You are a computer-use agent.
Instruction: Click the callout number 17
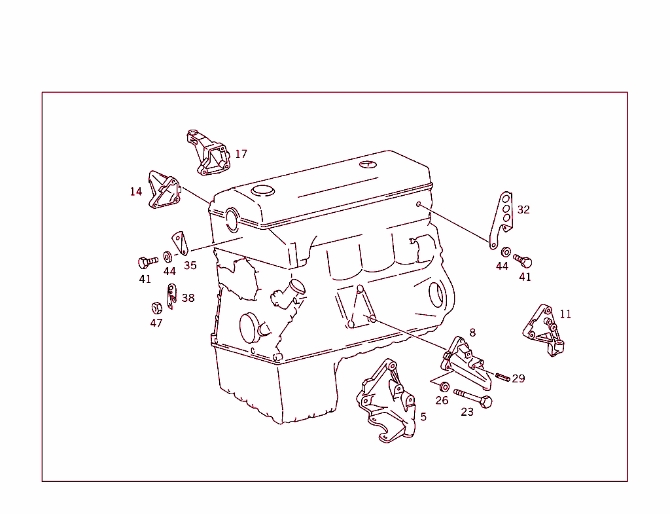pyautogui.click(x=241, y=155)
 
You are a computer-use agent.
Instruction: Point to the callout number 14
pyautogui.click(x=135, y=192)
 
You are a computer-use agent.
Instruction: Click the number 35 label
pyautogui.click(x=190, y=266)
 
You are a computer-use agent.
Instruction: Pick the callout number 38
pyautogui.click(x=188, y=299)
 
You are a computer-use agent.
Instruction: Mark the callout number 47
pyautogui.click(x=156, y=323)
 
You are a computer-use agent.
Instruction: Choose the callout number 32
pyautogui.click(x=523, y=210)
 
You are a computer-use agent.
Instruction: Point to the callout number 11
pyautogui.click(x=565, y=314)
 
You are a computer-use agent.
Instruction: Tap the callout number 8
pyautogui.click(x=472, y=333)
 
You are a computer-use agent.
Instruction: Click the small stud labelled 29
pyautogui.click(x=502, y=376)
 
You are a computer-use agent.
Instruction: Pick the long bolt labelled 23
pyautogui.click(x=472, y=397)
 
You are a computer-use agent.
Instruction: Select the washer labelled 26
pyautogui.click(x=445, y=386)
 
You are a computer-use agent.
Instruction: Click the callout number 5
pyautogui.click(x=423, y=417)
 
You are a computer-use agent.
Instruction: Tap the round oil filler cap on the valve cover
pyautogui.click(x=263, y=191)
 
